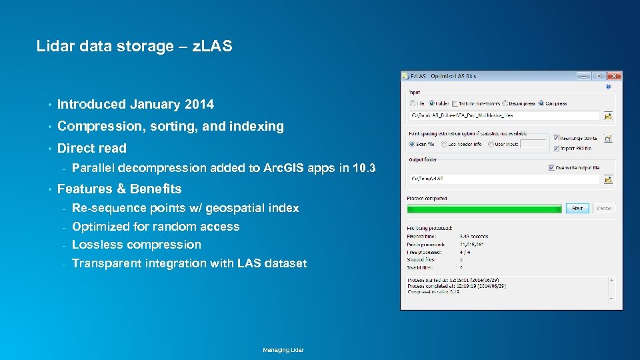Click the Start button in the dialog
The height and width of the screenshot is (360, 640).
pos(577,208)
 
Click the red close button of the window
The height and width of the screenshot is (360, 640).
pos(615,77)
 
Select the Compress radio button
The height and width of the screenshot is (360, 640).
pos(542,103)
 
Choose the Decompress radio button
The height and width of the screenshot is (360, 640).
pos(505,103)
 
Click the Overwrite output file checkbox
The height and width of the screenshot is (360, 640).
pos(551,167)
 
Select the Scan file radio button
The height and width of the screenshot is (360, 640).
pos(412,144)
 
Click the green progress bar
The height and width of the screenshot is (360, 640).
pos(485,209)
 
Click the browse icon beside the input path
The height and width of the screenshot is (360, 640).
pos(608,116)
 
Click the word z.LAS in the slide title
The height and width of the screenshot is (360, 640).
pos(212,47)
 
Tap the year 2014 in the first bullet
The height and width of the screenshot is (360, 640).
pos(199,104)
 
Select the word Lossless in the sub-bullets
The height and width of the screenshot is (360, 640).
pos(95,245)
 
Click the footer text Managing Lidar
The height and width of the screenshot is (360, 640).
pos(283,350)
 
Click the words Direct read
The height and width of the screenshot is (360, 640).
pos(92,148)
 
